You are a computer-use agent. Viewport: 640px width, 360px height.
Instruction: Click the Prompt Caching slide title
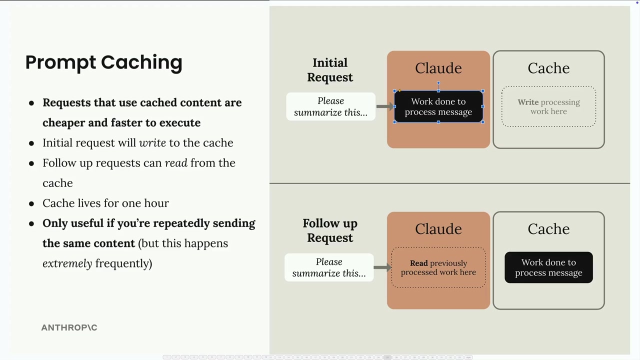[x=103, y=62]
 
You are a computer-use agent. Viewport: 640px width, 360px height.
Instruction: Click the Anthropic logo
[x=69, y=327]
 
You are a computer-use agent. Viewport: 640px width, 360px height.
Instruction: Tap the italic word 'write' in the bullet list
[x=152, y=142]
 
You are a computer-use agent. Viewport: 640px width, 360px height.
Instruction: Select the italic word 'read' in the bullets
[x=176, y=163]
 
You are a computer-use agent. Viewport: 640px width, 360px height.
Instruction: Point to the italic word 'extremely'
[x=67, y=263]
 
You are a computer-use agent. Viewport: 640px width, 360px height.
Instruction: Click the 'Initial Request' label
[x=330, y=70]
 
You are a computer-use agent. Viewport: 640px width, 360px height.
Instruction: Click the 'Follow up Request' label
[x=330, y=230]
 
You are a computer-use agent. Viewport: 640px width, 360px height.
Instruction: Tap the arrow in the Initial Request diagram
[x=385, y=106]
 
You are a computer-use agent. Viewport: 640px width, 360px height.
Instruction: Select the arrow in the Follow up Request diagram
[x=382, y=267]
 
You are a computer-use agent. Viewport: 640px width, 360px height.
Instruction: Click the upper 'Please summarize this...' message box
[x=331, y=106]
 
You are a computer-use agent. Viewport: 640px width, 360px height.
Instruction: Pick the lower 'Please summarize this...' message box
[x=329, y=267]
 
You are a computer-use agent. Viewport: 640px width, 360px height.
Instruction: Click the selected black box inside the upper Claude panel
[x=438, y=106]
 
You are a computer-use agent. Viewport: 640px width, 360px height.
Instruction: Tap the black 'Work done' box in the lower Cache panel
[x=548, y=267]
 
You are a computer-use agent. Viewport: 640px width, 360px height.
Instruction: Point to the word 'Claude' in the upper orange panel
[x=438, y=68]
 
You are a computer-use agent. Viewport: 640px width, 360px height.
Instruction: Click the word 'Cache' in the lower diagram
[x=548, y=229]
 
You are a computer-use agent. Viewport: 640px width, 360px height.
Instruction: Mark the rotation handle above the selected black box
[x=438, y=83]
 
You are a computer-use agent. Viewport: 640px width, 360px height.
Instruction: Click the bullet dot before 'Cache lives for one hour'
[x=31, y=204]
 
